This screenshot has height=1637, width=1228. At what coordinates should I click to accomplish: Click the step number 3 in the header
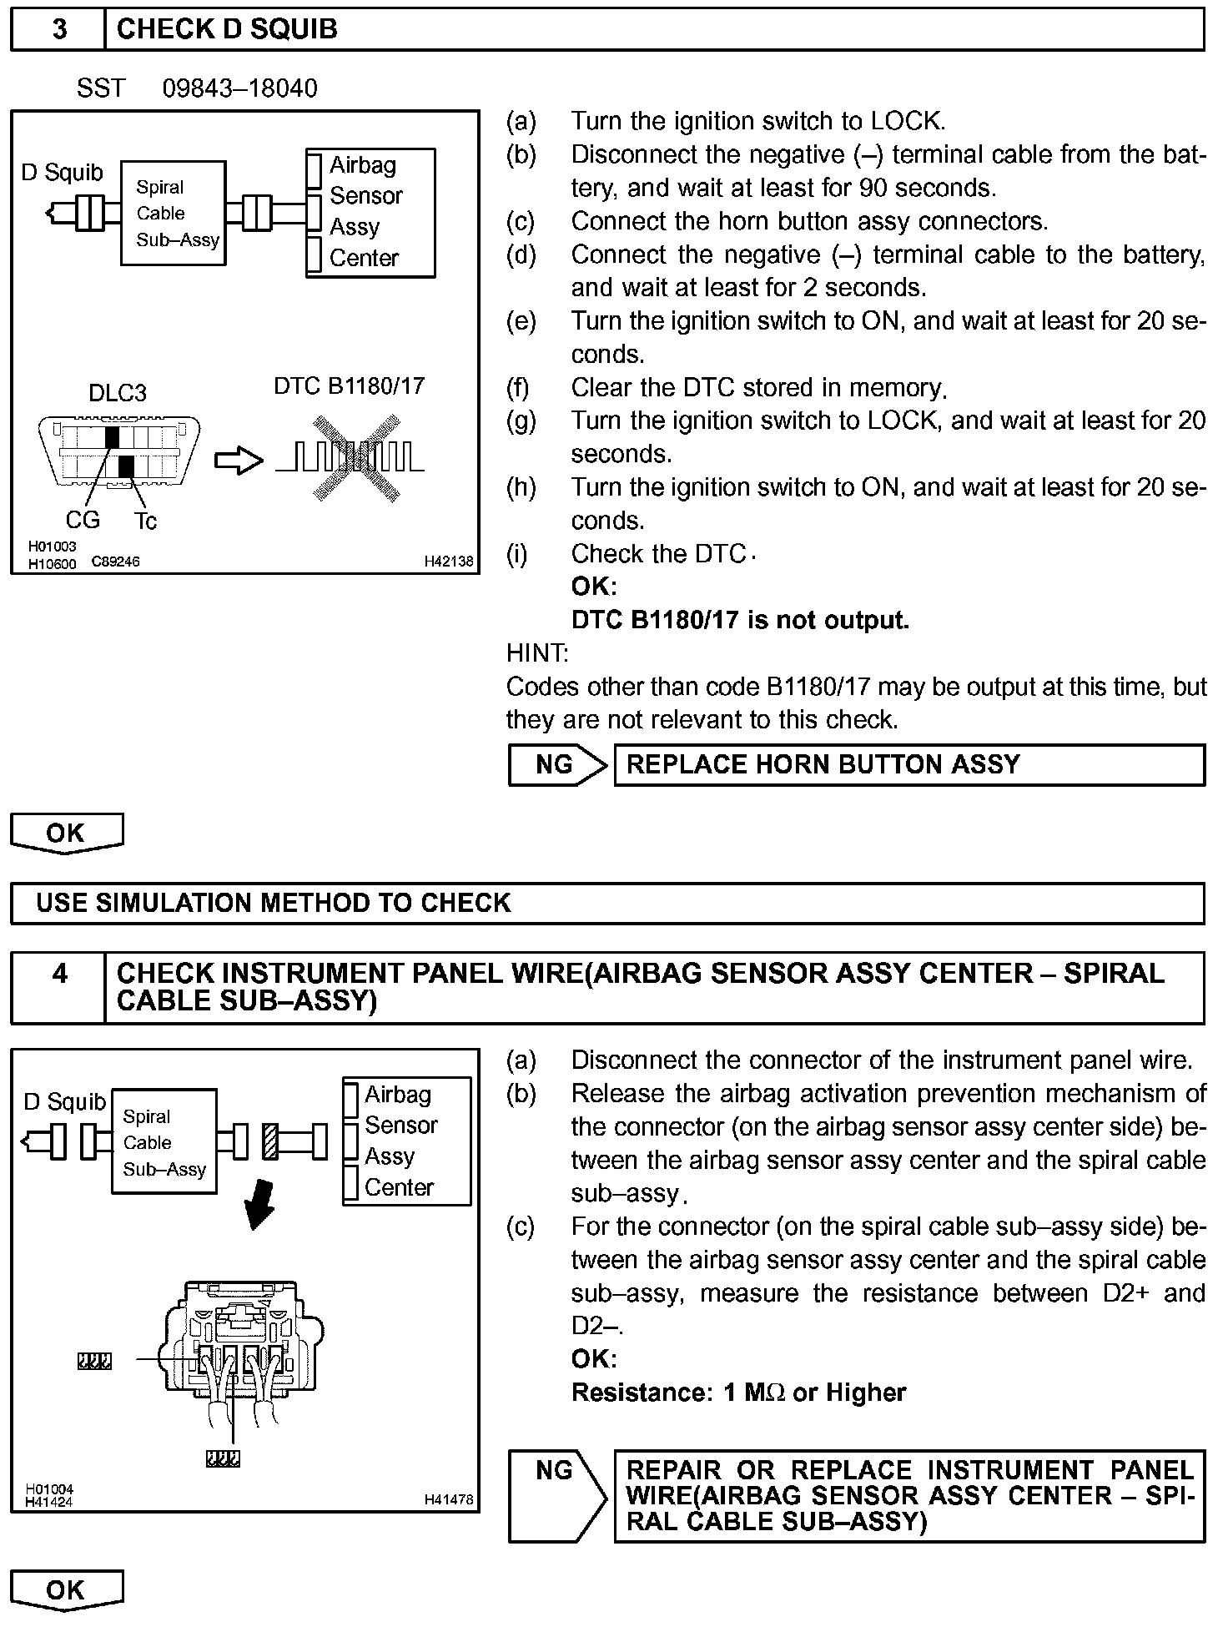click(x=59, y=29)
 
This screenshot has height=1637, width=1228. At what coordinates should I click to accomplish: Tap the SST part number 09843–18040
click(x=239, y=88)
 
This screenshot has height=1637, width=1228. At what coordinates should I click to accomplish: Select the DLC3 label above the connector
click(x=118, y=393)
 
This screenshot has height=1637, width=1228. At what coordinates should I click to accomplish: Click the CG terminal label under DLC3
click(x=83, y=520)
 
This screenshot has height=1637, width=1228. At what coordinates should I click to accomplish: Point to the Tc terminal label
click(x=145, y=521)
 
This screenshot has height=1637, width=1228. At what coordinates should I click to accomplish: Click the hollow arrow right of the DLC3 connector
click(x=239, y=461)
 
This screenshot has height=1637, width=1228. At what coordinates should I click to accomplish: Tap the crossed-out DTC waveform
click(x=351, y=458)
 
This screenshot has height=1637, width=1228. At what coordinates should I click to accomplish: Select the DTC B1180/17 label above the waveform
click(x=349, y=385)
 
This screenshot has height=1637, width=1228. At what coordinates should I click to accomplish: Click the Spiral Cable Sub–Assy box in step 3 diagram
click(x=174, y=213)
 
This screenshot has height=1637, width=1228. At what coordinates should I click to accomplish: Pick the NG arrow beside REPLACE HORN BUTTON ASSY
click(x=557, y=764)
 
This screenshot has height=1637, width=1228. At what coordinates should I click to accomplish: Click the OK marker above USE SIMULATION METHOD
click(x=67, y=833)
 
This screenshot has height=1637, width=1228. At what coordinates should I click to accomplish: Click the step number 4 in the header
click(x=59, y=974)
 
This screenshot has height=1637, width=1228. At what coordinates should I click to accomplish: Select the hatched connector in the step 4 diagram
click(x=270, y=1141)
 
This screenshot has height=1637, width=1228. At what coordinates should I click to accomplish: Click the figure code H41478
click(x=448, y=1499)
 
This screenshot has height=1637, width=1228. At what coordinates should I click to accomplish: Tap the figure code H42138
click(x=448, y=562)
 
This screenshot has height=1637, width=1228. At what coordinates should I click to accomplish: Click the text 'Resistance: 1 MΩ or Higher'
click(x=738, y=1393)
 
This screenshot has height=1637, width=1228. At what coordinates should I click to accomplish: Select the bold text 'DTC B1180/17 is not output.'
click(x=740, y=620)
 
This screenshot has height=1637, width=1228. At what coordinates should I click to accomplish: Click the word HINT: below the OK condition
click(x=537, y=652)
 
